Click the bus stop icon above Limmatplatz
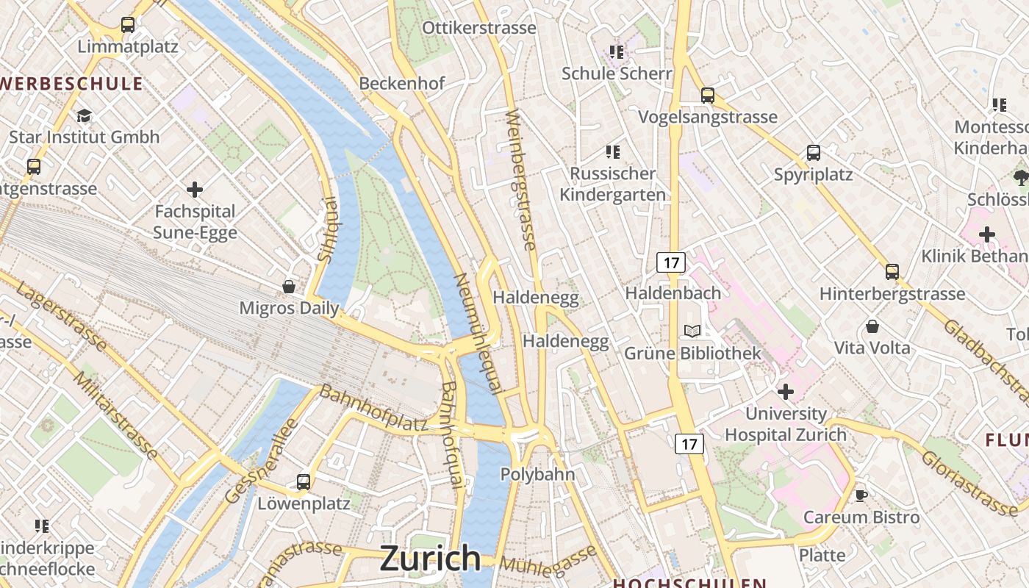coord(128,25)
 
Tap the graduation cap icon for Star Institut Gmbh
coord(85,116)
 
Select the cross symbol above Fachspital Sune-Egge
coord(195,190)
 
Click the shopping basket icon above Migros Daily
coord(289,286)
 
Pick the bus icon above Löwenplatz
coord(304,482)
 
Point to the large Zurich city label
coord(430,559)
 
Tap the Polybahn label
coord(537,474)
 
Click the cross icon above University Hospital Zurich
coord(786,392)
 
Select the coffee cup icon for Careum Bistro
coord(861,495)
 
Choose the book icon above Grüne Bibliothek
coord(692,331)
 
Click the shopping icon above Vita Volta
coord(872,326)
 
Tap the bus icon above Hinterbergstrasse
coord(892,272)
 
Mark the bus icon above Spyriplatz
coord(814,153)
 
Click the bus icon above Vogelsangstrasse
coord(708,95)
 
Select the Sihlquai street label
coord(326,229)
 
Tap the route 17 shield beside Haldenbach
coord(671,262)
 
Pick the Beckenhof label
coord(402,83)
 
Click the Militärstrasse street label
coord(115,415)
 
